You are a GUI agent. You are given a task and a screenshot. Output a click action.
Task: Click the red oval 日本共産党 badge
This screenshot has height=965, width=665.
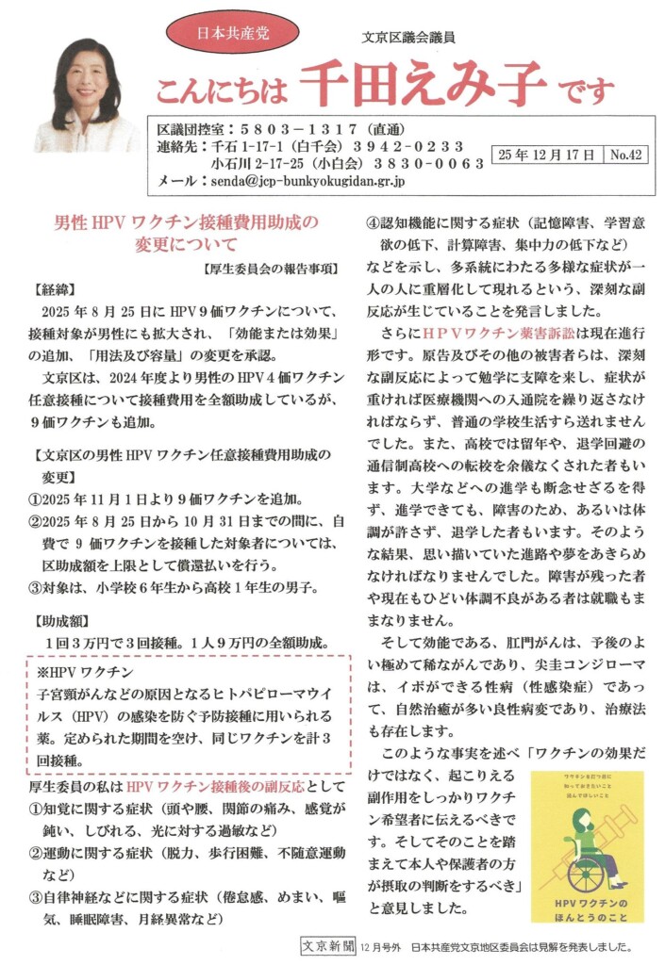click(x=233, y=31)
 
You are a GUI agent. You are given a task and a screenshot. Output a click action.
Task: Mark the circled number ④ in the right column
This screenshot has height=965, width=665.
click(x=374, y=224)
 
